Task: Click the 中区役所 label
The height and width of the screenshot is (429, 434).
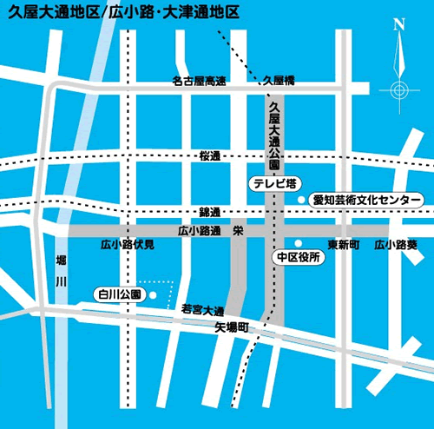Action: [x=299, y=258]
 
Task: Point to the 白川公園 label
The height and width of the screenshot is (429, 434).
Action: [x=119, y=295]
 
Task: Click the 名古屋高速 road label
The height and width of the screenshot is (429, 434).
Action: [x=199, y=82]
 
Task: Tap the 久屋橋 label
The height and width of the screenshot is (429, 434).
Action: [x=279, y=82]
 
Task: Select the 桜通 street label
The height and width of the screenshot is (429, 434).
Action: [x=210, y=156]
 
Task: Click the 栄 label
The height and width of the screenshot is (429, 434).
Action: [x=237, y=232]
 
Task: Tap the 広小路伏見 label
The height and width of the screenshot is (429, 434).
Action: [x=127, y=246]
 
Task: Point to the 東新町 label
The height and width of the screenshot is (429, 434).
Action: [x=344, y=246]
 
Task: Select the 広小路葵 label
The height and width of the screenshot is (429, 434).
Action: [x=396, y=246]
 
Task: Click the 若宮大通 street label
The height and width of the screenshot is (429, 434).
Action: [x=203, y=309]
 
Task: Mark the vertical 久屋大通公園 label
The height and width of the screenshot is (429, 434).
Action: [x=274, y=135]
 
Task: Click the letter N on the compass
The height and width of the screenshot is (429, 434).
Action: [x=398, y=25]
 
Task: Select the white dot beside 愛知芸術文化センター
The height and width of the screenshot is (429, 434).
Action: [x=301, y=201]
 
